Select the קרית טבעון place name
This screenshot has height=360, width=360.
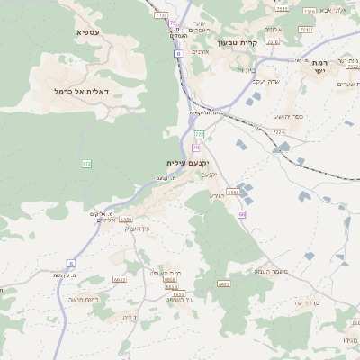pyautogui.click(x=238, y=42)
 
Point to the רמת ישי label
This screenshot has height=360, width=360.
pyautogui.click(x=320, y=67)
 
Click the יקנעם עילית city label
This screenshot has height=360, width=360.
pyautogui.click(x=187, y=163)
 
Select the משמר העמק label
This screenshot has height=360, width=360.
pyautogui.click(x=270, y=271)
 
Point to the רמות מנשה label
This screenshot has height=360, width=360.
pyautogui.click(x=89, y=300)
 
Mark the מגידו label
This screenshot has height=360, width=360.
pyautogui.click(x=349, y=339)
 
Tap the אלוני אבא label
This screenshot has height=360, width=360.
pyautogui.click(x=330, y=10)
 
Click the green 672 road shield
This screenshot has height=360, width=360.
pyautogui.click(x=86, y=164)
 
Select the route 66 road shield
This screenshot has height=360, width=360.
pyautogui.click(x=242, y=214)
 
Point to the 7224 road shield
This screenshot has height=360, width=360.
pyautogui.click(x=278, y=132)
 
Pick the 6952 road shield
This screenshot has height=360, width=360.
pyautogui.click(x=119, y=280)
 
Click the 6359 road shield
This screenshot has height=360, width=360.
pyautogui.click(x=125, y=220)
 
